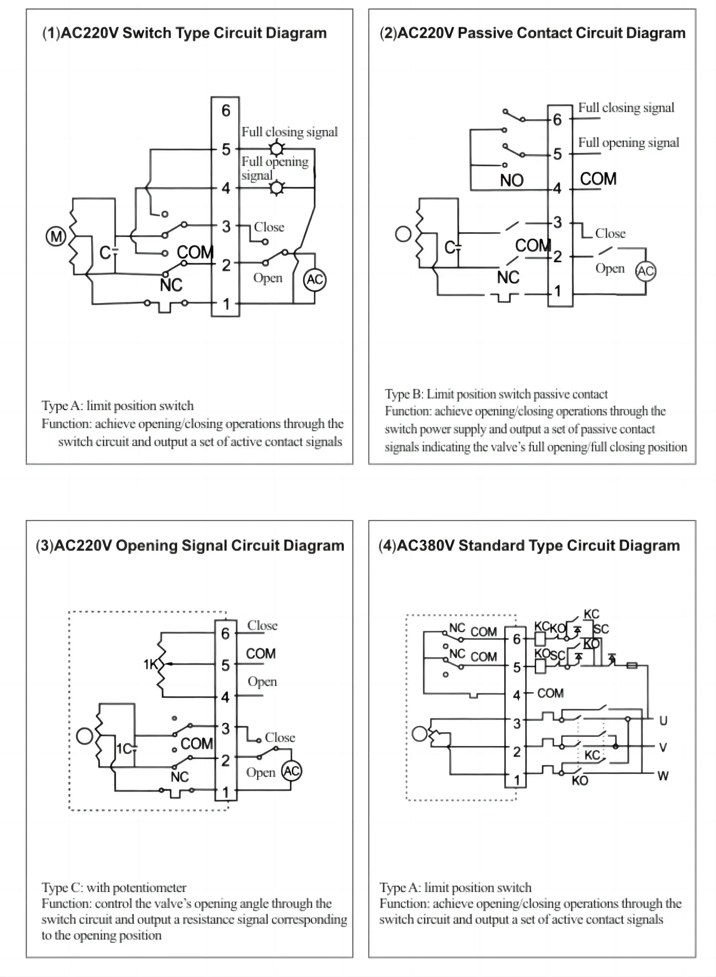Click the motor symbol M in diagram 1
pos(56,237)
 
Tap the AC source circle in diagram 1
pos(315,280)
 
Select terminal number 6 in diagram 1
pos(226,111)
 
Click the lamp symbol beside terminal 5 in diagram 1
pos(277,149)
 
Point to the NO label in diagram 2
pos(512,180)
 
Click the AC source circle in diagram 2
pos(645,271)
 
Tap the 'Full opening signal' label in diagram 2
pos(629,143)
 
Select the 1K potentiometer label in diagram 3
pos(150,664)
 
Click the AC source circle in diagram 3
pos(292,771)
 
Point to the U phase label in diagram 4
pos(663,721)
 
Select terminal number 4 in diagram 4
pos(517,696)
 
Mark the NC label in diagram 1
pos(171,285)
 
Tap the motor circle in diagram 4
pos(420,734)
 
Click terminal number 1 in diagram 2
pos(558,291)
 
